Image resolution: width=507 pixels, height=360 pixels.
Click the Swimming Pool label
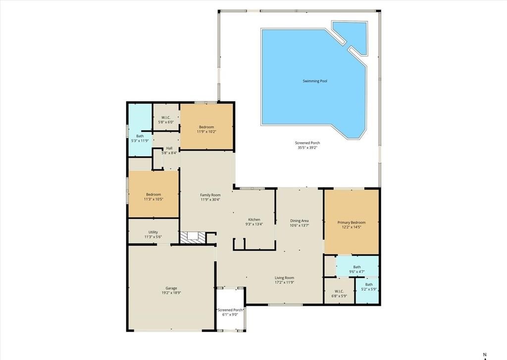[x=314, y=81]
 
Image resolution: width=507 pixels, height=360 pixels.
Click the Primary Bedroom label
[x=351, y=222]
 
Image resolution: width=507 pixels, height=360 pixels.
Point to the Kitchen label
[x=254, y=220]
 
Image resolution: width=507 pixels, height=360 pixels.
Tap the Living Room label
[x=284, y=278]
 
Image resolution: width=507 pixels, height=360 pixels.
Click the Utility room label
[x=153, y=232]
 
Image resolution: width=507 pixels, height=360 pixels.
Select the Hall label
[x=169, y=148]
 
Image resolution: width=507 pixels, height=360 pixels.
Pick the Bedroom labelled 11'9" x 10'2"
[x=206, y=127]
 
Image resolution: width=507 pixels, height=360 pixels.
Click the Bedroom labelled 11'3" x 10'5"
[x=154, y=195]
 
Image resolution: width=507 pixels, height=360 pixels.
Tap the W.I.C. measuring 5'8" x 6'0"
[x=165, y=117]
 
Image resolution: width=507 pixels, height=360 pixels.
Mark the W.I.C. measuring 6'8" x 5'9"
[x=339, y=291]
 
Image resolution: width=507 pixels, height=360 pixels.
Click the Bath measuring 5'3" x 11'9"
[x=140, y=136]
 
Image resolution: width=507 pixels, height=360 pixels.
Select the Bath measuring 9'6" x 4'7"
[x=357, y=267]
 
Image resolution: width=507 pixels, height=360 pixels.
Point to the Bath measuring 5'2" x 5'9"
[x=369, y=284]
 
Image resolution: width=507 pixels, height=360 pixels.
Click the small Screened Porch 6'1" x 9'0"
[x=228, y=310]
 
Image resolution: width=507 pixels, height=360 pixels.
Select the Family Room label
[x=210, y=195]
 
